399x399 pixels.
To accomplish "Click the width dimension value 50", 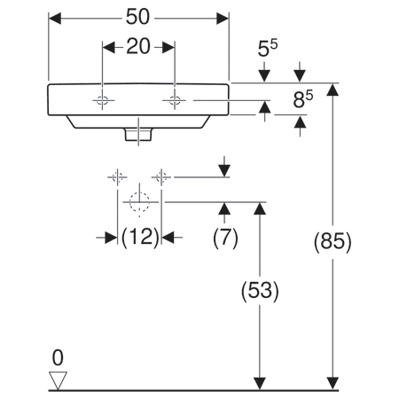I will pyautogui.click(x=138, y=17).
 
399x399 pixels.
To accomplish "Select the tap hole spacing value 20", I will pyautogui.click(x=137, y=47).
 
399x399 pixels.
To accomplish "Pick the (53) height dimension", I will pyautogui.click(x=260, y=290).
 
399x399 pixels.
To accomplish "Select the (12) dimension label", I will pyautogui.click(x=139, y=237).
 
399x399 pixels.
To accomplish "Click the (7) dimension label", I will pyautogui.click(x=225, y=237).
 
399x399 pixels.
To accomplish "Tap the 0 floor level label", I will pyautogui.click(x=58, y=358).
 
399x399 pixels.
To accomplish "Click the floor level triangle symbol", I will pyautogui.click(x=59, y=379).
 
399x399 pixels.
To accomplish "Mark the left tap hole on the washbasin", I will pyautogui.click(x=103, y=102).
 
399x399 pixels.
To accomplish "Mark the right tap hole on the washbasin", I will pyautogui.click(x=174, y=102).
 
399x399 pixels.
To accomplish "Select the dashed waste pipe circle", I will pyautogui.click(x=138, y=202).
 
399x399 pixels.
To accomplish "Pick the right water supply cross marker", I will pyautogui.click(x=160, y=177).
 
